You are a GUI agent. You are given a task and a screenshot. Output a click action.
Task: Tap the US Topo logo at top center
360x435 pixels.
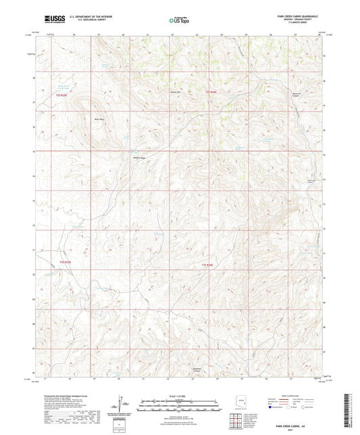(179, 20)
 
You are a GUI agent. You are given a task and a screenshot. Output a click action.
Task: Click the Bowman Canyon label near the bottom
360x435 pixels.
(184, 360)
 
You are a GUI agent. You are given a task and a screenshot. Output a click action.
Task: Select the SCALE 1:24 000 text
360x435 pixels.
(180, 395)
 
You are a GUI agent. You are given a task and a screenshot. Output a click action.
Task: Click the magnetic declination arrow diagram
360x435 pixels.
(122, 405)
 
